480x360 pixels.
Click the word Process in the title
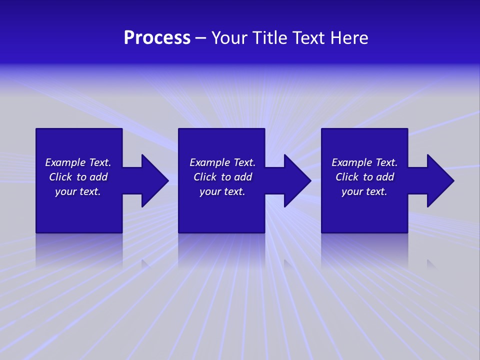pyautogui.click(x=157, y=38)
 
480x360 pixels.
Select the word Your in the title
pyautogui.click(x=230, y=38)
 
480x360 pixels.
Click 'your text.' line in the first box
pyautogui.click(x=78, y=191)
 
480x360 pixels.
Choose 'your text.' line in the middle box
pyautogui.click(x=222, y=191)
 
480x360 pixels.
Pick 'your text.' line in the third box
pyautogui.click(x=364, y=191)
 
